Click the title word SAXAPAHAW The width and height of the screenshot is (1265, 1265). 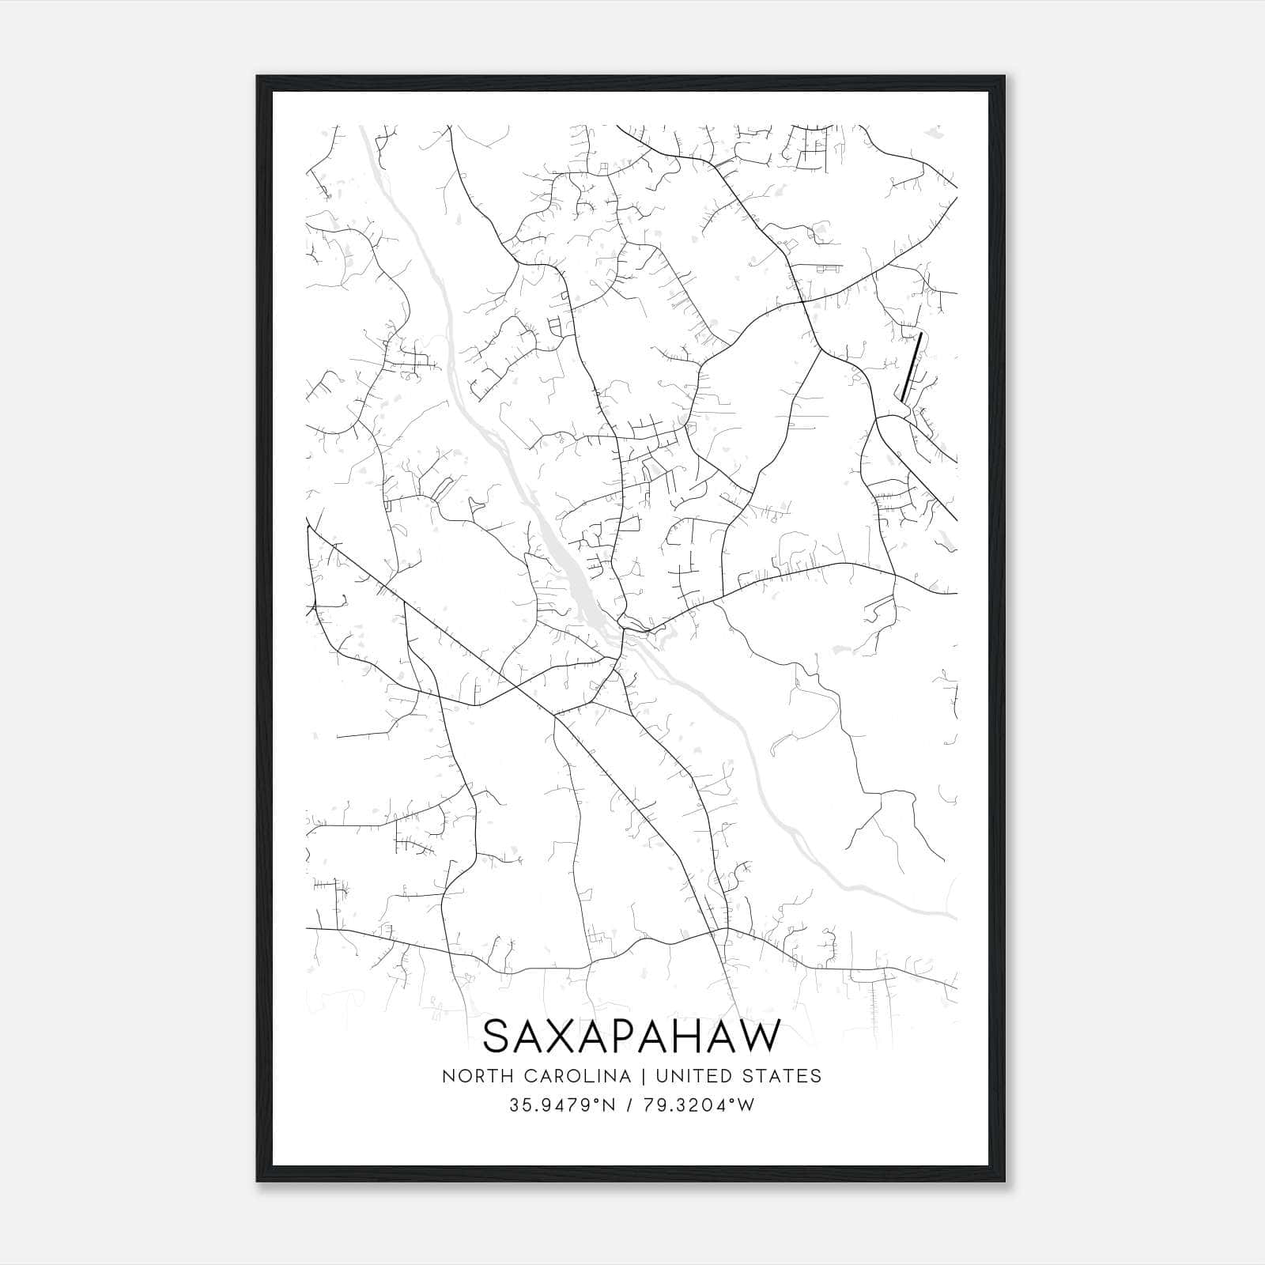point(631,1036)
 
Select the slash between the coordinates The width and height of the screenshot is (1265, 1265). point(629,1105)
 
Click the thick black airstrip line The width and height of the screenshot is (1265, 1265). point(912,368)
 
